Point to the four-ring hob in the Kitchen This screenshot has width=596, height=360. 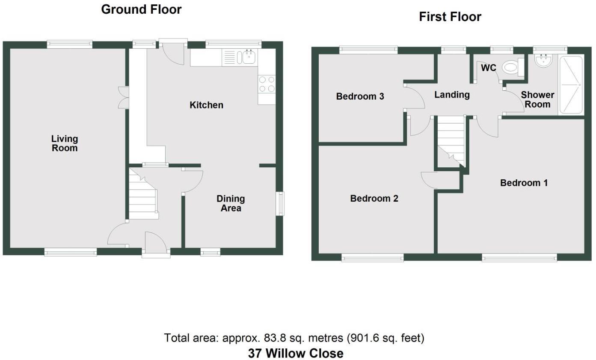[x=267, y=83]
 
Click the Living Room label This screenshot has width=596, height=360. [x=65, y=143]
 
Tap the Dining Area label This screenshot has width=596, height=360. [x=231, y=203]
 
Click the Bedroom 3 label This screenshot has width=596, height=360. [x=360, y=96]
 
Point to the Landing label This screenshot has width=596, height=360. [x=452, y=95]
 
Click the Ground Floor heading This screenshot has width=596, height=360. [x=141, y=9]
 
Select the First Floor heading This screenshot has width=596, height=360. [x=450, y=17]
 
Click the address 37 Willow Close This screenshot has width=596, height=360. [x=296, y=353]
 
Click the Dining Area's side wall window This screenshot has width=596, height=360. [x=279, y=203]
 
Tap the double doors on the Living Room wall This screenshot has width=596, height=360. [x=123, y=97]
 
